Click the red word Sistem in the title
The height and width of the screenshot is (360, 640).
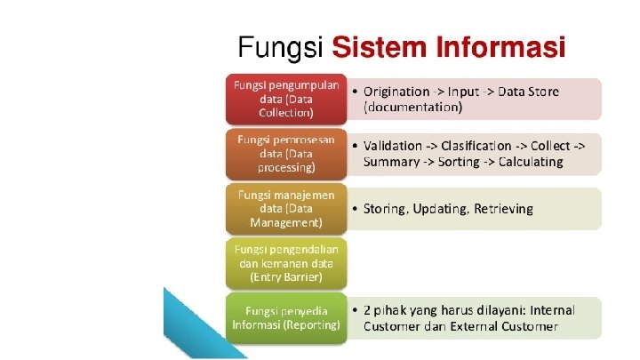379,46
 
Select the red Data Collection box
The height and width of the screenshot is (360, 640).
285,99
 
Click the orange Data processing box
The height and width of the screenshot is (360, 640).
285,153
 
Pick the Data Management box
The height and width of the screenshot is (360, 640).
285,208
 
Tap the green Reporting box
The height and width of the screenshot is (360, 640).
285,317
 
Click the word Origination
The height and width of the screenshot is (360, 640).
397,91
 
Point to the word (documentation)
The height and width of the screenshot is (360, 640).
413,107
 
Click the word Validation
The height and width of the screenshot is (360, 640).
394,146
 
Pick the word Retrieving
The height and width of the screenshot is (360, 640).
502,209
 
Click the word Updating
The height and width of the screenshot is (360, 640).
442,209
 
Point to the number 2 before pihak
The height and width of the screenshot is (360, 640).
367,310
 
